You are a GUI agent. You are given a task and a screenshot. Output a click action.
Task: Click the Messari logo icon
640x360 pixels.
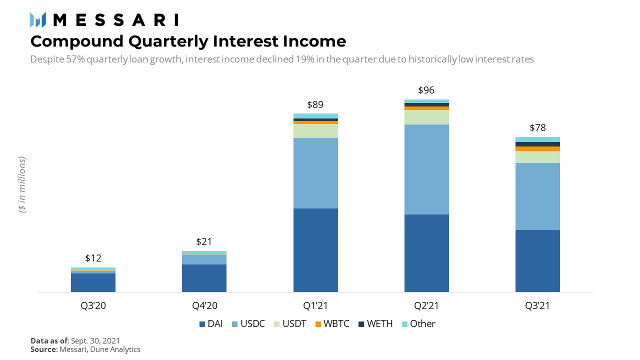click(x=38, y=20)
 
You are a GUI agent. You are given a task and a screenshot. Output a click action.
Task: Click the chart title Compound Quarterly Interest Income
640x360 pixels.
click(x=188, y=40)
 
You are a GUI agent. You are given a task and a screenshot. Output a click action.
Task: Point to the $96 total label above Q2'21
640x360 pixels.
click(x=426, y=90)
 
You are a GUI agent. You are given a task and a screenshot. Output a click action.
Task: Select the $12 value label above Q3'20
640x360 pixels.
click(x=93, y=258)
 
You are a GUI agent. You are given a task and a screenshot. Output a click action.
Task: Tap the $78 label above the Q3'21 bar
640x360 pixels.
click(x=537, y=127)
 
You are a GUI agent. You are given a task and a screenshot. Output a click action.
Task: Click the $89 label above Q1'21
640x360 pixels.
click(x=315, y=105)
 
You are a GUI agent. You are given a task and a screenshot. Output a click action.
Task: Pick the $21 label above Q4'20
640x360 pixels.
click(x=204, y=242)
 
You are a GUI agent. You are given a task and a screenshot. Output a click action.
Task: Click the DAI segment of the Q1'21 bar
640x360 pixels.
click(x=315, y=250)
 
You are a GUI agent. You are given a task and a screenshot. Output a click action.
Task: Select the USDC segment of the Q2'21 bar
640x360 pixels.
click(x=426, y=169)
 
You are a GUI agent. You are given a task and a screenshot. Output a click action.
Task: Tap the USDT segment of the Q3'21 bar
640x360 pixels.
click(x=537, y=157)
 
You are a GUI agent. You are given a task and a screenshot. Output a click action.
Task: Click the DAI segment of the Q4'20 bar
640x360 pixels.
click(x=204, y=278)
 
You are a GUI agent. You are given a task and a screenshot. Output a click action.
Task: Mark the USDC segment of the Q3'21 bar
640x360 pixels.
click(x=537, y=196)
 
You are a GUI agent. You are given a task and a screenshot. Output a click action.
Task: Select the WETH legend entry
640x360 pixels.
click(x=375, y=324)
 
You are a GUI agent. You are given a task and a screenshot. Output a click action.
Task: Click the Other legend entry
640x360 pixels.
click(x=418, y=324)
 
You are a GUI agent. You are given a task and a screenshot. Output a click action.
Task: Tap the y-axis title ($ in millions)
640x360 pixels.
click(x=22, y=185)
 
